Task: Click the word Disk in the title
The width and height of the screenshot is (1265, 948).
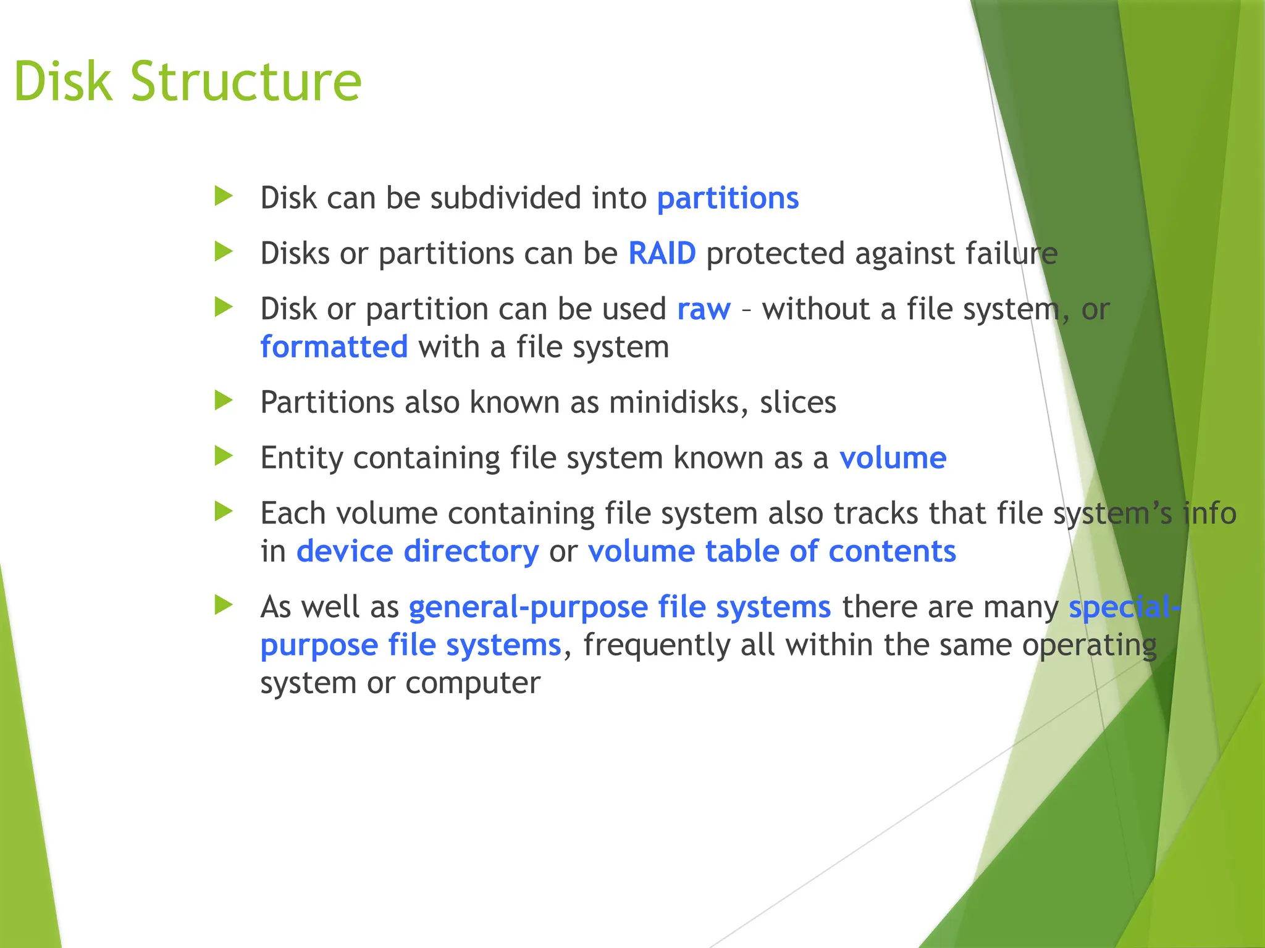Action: pos(63,82)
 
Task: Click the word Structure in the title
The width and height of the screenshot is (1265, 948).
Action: pos(245,82)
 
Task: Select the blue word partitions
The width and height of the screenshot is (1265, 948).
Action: pos(728,199)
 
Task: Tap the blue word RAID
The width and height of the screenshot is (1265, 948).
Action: pos(662,254)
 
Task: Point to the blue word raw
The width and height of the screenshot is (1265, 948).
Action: pos(704,309)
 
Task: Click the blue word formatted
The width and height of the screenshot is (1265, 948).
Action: pos(334,347)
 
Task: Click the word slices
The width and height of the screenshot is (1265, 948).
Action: pos(797,402)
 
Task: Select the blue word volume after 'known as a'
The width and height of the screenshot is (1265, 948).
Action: pos(892,458)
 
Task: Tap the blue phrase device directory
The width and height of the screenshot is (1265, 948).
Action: pos(418,551)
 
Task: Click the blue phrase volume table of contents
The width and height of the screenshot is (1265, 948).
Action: pos(771,551)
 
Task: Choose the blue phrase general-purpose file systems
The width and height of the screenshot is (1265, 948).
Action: pos(620,607)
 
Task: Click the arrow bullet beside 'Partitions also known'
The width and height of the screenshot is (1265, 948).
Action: pos(223,401)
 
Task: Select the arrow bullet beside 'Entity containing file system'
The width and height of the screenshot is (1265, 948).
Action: pos(223,456)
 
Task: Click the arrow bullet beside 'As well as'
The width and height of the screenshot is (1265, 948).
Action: pos(223,605)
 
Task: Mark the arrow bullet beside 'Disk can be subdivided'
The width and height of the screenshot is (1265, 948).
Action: pos(223,197)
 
